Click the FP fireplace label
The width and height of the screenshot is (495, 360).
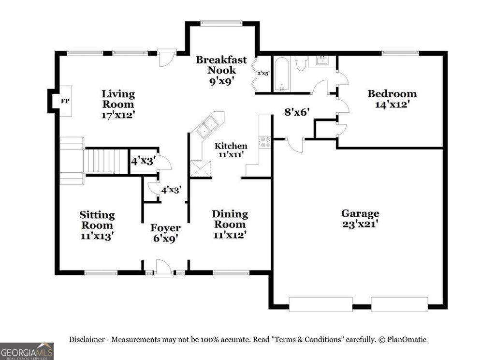pos(64,101)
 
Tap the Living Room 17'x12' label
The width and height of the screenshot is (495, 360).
pos(118,104)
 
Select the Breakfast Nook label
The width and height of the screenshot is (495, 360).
pos(221,70)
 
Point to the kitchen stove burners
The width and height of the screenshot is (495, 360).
pos(265,142)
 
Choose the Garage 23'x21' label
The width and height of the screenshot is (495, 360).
pos(360,218)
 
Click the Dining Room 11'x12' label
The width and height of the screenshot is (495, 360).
pos(230,224)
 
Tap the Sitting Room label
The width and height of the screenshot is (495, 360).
pos(97,225)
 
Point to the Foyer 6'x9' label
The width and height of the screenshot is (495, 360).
pos(165,233)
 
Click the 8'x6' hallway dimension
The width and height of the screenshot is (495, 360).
pos(297,113)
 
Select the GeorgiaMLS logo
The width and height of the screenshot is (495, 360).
pos(27,351)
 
